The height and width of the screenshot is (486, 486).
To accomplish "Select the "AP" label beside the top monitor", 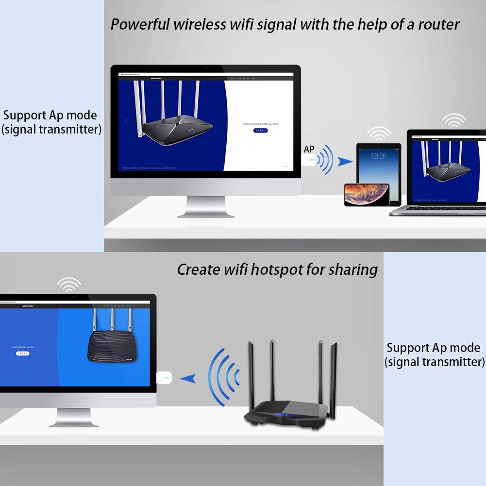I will [309, 150].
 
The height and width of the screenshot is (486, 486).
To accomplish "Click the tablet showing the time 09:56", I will [379, 168].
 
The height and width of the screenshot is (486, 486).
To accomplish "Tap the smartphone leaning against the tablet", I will [367, 195].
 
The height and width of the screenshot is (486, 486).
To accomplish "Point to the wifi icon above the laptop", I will [454, 120].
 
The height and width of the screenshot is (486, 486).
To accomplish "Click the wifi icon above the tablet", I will [379, 133].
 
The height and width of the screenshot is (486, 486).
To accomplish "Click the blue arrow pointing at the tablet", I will [345, 162].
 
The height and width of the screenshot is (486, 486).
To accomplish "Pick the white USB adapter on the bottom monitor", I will [165, 377].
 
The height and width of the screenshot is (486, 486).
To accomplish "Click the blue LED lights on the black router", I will [281, 416].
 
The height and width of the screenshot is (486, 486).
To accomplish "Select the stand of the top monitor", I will [205, 207].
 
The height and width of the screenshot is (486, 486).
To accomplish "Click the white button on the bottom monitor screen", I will [23, 353].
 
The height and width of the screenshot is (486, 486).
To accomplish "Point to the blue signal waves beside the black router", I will [223, 374].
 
